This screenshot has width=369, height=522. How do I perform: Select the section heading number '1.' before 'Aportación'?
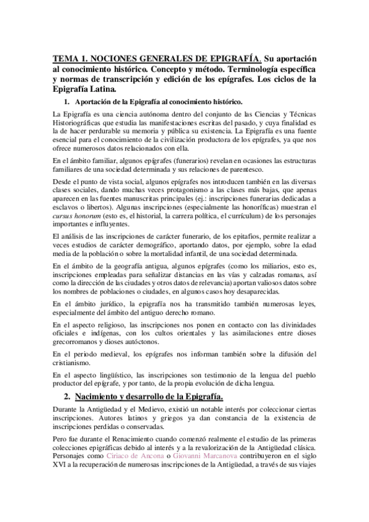coord(67,101)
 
